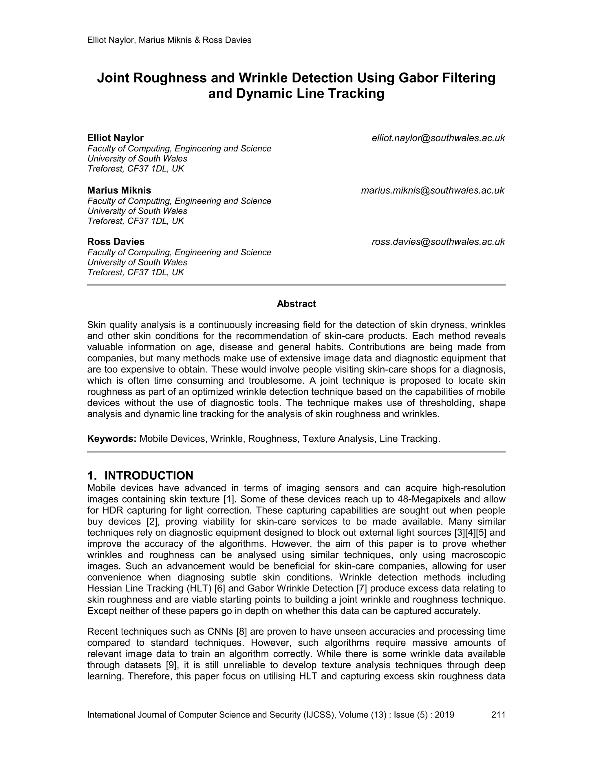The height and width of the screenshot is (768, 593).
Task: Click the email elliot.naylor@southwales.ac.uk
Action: pos(438,138)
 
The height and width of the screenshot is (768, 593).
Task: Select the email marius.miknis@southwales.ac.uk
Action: pos(433,191)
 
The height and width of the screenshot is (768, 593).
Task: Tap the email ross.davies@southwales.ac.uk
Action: pos(438,242)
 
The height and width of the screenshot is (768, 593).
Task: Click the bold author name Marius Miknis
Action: pos(119,191)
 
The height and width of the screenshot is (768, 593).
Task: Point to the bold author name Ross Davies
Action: pos(116,242)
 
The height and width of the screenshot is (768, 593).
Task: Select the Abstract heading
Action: pos(296,304)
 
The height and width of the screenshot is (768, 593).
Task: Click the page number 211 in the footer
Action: pos(498,715)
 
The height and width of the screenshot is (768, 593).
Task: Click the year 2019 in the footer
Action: pos(444,715)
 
